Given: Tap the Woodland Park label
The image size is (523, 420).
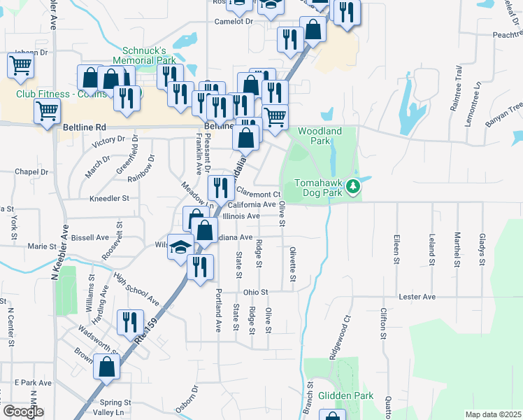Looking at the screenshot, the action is (320, 136).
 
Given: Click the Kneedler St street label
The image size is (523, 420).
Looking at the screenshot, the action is (110, 198).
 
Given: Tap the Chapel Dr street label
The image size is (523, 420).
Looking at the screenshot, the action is (31, 171).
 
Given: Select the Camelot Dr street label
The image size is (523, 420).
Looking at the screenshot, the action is (234, 22).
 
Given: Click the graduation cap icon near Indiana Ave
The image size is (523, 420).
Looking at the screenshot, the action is (181, 247).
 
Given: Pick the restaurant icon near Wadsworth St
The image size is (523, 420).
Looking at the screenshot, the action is (130, 322).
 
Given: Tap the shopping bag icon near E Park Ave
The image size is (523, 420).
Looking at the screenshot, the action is (107, 367).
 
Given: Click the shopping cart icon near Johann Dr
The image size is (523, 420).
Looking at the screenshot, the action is (21, 66).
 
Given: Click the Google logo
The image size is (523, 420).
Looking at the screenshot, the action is (22, 412).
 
